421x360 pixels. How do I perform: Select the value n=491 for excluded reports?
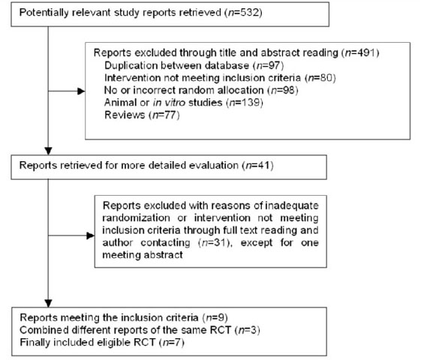coord(360,52)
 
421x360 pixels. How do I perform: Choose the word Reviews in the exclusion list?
coord(125,115)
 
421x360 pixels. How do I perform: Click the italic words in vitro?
coord(169,102)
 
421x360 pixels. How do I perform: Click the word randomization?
coord(136,217)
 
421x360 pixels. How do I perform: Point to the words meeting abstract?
coord(143,254)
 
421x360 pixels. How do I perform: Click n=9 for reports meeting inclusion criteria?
coord(215,317)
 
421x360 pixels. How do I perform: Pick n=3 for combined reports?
coord(247,330)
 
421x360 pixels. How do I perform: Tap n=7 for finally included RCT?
coord(171,342)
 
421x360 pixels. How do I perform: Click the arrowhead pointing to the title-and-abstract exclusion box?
coord(81,91)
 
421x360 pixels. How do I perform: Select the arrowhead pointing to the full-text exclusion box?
coord(91,235)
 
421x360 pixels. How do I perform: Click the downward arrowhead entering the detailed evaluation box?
coord(48,151)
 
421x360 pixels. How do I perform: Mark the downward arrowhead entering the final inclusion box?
coord(48,304)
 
